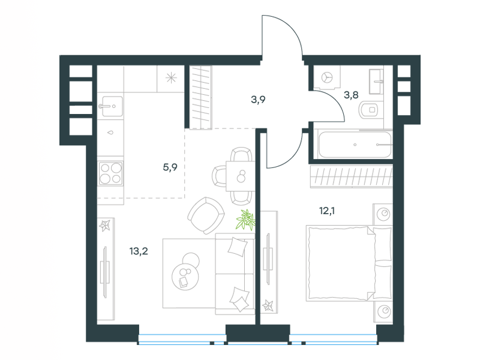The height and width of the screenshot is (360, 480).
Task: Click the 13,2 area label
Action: (139, 251)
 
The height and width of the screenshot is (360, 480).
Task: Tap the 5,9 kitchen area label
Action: (170, 167)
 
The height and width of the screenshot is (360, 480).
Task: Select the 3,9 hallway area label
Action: (258, 100)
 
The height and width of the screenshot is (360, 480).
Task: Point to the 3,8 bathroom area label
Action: (351, 95)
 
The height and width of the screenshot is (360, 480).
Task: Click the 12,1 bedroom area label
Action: (327, 211)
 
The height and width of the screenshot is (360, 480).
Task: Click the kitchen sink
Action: (112, 106)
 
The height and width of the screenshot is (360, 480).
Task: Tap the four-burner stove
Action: (111, 173)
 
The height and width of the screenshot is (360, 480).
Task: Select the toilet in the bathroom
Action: (369, 110)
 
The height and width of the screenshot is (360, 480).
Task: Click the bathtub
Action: (355, 144)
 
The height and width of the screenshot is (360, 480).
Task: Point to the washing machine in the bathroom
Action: (327, 77)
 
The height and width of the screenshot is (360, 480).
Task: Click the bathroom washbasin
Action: (376, 82)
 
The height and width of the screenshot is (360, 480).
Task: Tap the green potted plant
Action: (246, 220)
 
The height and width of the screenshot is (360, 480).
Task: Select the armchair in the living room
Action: (206, 215)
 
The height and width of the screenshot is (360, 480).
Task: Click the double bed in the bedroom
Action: (349, 263)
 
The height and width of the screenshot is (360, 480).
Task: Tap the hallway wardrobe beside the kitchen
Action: (200, 97)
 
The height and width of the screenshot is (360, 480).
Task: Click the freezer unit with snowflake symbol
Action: (171, 78)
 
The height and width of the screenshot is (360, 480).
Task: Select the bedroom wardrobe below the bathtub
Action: (352, 176)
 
